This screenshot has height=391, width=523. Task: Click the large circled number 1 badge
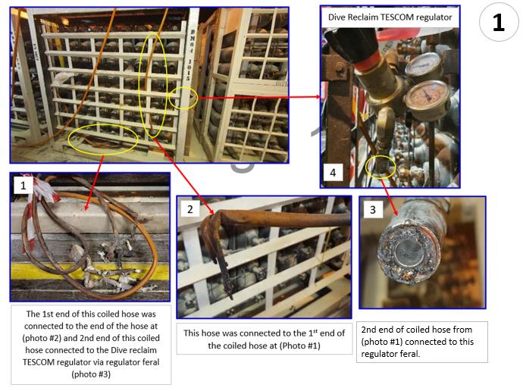[x=498, y=22]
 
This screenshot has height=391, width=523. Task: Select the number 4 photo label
[x=333, y=173]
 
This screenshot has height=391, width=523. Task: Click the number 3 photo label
[x=373, y=209]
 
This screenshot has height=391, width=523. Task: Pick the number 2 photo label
[x=190, y=209]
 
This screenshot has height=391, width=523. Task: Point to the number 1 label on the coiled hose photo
[x=23, y=185]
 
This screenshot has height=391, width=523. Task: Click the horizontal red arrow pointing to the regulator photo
[x=259, y=97]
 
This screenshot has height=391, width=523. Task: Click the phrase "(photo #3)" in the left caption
[x=91, y=374]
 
